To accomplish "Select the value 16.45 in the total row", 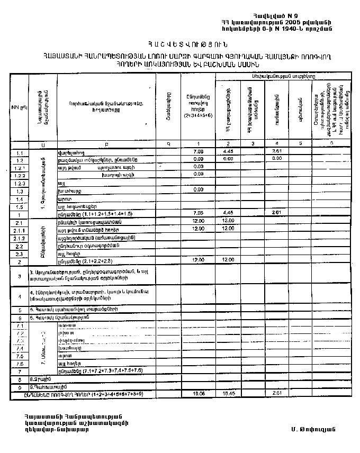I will tap(229, 394).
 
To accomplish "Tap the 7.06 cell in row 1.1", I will tap(199, 152).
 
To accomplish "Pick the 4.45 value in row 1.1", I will tap(229, 152).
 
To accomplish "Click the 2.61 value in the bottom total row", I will tap(276, 394).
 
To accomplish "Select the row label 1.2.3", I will tap(19, 183).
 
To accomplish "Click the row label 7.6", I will tap(19, 364).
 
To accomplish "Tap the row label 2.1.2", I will tap(19, 238).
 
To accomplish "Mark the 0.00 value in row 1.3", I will tap(199, 189).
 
